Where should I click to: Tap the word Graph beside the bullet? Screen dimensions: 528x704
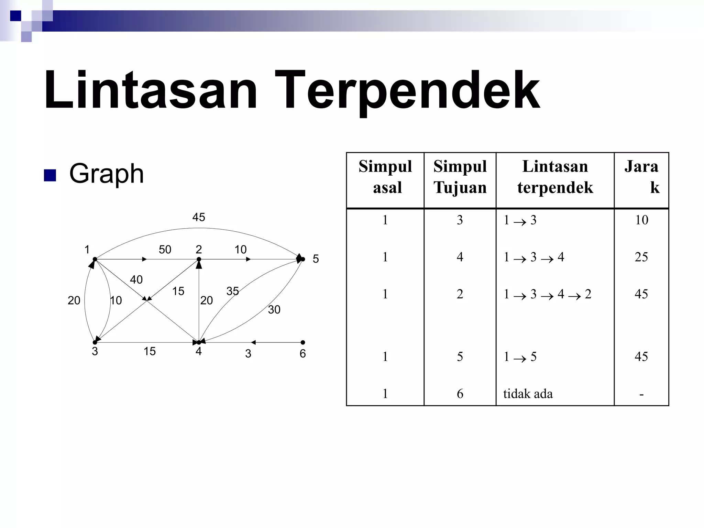(106, 174)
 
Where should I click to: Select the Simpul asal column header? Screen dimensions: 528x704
(385, 177)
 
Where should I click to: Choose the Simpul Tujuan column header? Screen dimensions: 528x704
(460, 177)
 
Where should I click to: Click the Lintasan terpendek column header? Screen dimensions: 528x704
(555, 177)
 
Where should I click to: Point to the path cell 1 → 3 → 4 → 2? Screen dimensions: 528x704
(547, 294)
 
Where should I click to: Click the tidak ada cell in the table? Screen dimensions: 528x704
(528, 394)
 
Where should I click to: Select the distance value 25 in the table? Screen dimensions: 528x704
(641, 257)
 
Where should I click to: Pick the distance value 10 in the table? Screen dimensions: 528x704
(641, 220)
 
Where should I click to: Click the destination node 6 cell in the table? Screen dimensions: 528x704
(460, 394)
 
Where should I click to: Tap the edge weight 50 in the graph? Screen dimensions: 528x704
(165, 250)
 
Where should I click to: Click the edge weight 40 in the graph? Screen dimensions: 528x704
(136, 280)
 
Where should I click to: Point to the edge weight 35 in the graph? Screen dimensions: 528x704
(232, 291)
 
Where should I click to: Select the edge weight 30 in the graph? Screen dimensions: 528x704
(274, 310)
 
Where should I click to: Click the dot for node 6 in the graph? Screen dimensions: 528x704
(302, 342)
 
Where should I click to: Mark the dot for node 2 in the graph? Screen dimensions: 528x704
(199, 259)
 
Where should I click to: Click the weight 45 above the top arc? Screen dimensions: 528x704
(199, 217)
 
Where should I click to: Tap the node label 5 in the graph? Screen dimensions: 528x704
(316, 259)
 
